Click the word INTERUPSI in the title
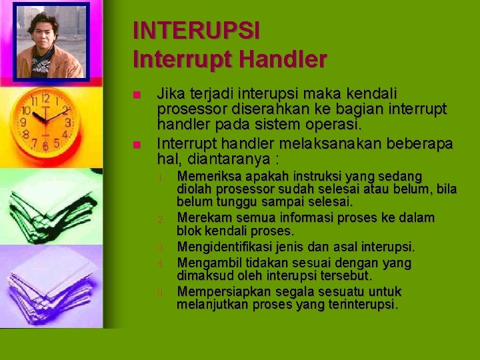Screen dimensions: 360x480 (x=196, y=31)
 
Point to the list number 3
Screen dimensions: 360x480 (x=161, y=249)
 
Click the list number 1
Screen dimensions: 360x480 (x=161, y=178)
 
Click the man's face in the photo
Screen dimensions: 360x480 (x=45, y=30)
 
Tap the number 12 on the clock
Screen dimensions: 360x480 (x=45, y=98)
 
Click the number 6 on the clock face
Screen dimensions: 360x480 (x=45, y=145)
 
